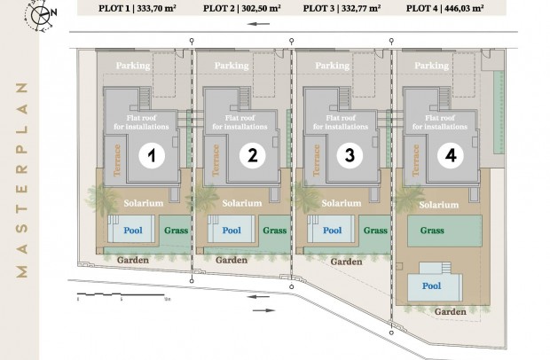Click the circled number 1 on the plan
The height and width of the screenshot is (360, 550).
[x=152, y=156]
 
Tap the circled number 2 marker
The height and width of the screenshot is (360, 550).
[x=252, y=156]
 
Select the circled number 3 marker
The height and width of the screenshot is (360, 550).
[x=350, y=156]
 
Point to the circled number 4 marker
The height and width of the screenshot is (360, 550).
[x=451, y=156]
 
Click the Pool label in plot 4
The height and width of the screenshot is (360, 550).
[x=431, y=286]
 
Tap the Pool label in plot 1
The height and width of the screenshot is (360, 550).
[x=131, y=231]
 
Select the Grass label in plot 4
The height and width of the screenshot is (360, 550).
[x=432, y=231]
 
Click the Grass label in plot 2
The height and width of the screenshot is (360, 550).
[x=274, y=231]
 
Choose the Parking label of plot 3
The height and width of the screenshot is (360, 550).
[x=332, y=66]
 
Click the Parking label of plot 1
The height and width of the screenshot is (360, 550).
[x=133, y=66]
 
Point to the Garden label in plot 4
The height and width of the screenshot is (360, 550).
[x=451, y=312]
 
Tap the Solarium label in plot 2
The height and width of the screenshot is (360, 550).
[x=243, y=203]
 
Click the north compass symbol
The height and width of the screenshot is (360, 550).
[x=41, y=13]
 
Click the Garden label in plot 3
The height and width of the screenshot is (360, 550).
[x=346, y=262]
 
